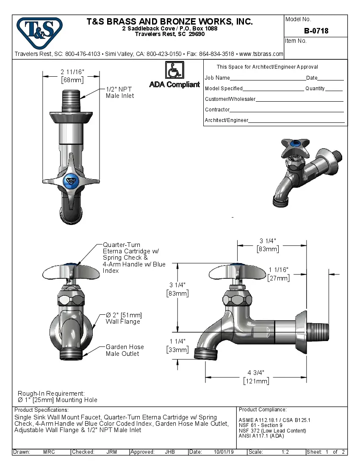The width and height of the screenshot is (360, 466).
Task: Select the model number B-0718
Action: (x=316, y=31)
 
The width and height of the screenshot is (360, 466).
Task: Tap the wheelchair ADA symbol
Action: (x=174, y=70)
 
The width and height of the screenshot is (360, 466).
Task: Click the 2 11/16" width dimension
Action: (x=72, y=75)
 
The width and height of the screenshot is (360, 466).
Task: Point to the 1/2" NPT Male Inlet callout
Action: (x=120, y=92)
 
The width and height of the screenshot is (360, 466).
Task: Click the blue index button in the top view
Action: (x=71, y=181)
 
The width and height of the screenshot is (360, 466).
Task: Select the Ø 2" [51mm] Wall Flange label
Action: (x=123, y=318)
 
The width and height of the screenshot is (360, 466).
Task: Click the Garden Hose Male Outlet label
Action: (x=125, y=350)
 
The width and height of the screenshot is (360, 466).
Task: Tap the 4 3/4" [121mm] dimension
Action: (x=256, y=377)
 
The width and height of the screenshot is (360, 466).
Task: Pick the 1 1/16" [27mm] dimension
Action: (x=279, y=274)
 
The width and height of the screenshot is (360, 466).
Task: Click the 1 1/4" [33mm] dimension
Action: (x=177, y=345)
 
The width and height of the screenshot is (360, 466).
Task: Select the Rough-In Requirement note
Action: (x=57, y=397)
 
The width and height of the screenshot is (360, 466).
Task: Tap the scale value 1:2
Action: (x=285, y=452)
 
